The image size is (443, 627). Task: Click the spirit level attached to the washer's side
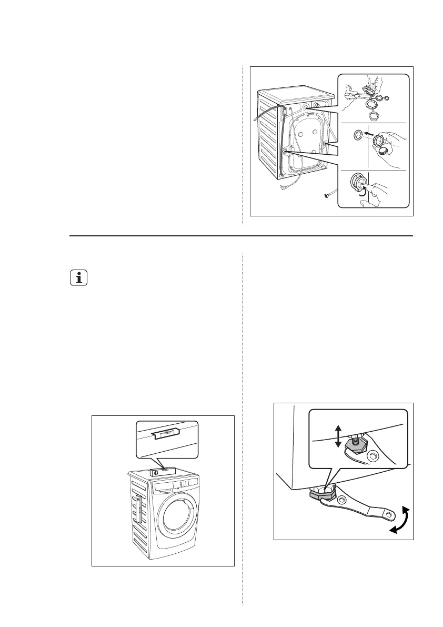tap(138, 508)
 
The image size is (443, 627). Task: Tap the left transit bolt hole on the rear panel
tap(285, 151)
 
